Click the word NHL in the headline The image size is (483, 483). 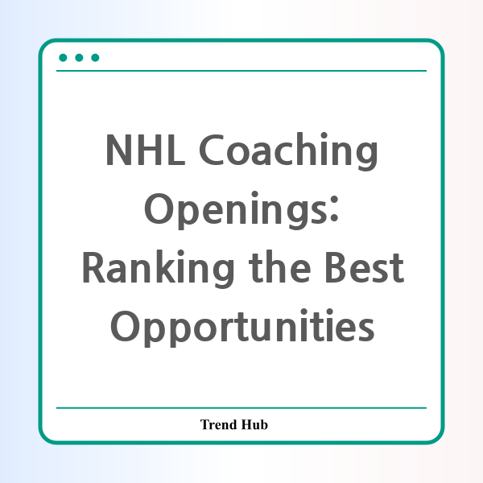[x=145, y=150]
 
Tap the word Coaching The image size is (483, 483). [x=289, y=151]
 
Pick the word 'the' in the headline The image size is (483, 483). [x=279, y=266]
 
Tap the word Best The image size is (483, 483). [x=365, y=267]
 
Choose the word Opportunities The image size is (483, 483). [x=242, y=328]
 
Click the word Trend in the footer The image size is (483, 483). [x=218, y=424]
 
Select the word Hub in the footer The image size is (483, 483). [x=254, y=424]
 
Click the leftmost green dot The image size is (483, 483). [x=63, y=58]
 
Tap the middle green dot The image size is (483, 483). [x=79, y=58]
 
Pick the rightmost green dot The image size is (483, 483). [x=95, y=58]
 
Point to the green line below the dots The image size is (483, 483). [x=242, y=71]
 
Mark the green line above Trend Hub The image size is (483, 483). [x=242, y=408]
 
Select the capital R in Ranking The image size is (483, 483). [x=94, y=267]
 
